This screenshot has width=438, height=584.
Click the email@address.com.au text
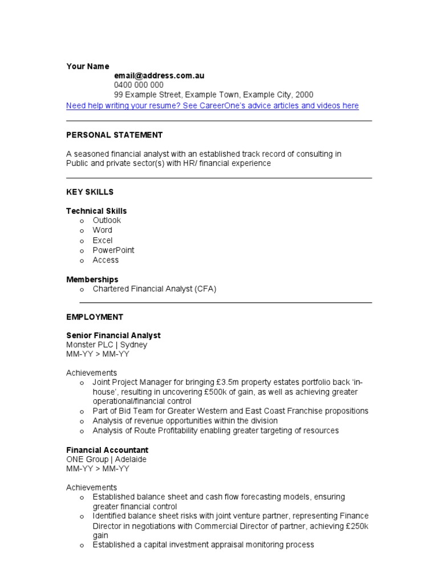tap(159, 75)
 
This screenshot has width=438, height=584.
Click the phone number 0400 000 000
tap(139, 85)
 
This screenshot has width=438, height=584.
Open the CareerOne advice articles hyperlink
tap(212, 106)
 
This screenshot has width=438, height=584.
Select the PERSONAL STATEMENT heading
tap(115, 135)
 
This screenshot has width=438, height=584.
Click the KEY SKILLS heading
tap(90, 192)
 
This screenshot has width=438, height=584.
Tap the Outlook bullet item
tap(107, 220)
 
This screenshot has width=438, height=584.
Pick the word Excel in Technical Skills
tap(103, 240)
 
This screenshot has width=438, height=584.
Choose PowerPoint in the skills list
tap(113, 250)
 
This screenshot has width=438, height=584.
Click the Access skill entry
tap(106, 260)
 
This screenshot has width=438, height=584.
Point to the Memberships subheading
tap(92, 279)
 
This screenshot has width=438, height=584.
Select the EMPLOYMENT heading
tap(95, 317)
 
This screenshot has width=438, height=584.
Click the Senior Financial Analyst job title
tap(113, 335)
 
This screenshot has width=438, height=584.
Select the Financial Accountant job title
tap(107, 450)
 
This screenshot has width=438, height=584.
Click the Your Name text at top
tap(88, 66)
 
